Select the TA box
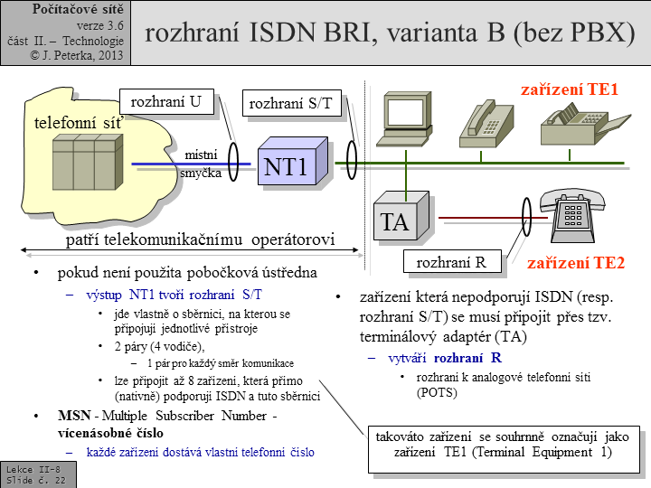[395, 221]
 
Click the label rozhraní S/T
[290, 104]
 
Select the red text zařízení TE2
[576, 264]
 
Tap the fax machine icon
[578, 126]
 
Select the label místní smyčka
[200, 164]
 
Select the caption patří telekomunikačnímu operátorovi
[201, 240]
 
